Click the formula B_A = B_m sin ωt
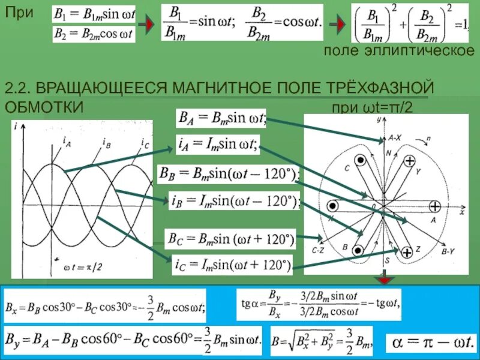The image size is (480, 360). [x=220, y=118]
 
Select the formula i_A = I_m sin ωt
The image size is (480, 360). [x=217, y=144]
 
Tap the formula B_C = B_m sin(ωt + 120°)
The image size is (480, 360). [x=230, y=239]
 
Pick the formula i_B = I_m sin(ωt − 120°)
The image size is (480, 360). [x=234, y=200]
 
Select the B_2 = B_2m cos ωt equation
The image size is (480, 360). [x=94, y=34]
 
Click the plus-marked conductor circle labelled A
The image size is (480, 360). [x=434, y=205]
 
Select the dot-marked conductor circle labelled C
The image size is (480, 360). [x=359, y=161]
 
